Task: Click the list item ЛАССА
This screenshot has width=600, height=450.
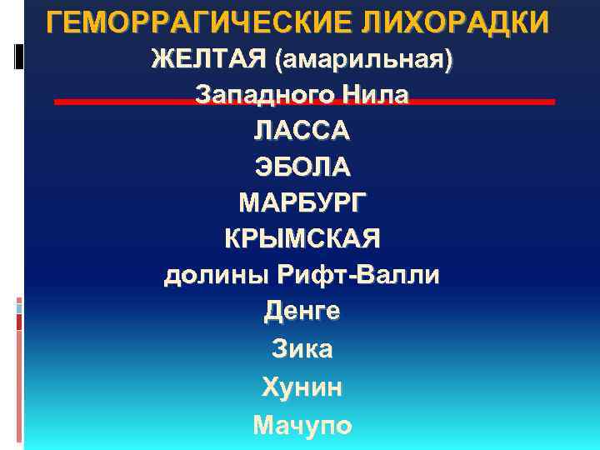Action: pyautogui.click(x=302, y=131)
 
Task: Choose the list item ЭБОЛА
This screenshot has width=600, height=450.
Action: pyautogui.click(x=302, y=167)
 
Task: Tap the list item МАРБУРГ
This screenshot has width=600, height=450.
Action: pyautogui.click(x=302, y=202)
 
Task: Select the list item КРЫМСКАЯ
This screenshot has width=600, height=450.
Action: pyautogui.click(x=302, y=238)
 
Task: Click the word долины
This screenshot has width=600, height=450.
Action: pyautogui.click(x=212, y=275)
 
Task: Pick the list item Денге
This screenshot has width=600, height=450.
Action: pyautogui.click(x=302, y=312)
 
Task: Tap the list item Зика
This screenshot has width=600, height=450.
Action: pyautogui.click(x=302, y=348)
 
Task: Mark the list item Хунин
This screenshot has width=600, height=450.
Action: pyautogui.click(x=302, y=387)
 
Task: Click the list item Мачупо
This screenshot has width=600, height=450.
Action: pyautogui.click(x=302, y=425)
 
